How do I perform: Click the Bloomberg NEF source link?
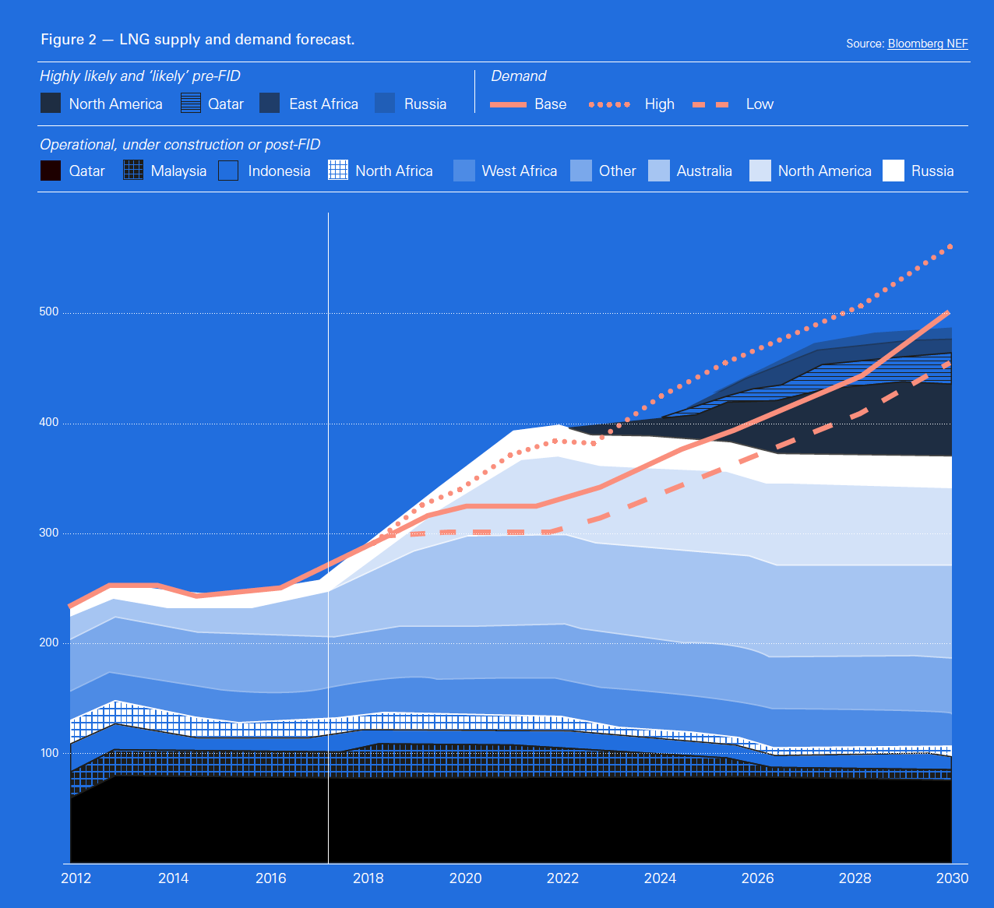(927, 44)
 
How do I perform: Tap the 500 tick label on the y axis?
(48, 311)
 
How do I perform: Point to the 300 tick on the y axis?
(48, 533)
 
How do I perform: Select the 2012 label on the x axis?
(76, 878)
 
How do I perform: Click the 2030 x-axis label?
(952, 878)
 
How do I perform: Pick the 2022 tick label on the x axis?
(562, 878)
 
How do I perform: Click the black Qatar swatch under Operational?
(51, 171)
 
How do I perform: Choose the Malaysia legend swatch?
(133, 171)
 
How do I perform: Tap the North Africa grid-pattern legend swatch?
(338, 171)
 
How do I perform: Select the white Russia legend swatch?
(894, 171)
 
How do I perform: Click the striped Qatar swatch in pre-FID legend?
(191, 104)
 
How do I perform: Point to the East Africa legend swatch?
(270, 104)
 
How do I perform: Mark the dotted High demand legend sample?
(609, 104)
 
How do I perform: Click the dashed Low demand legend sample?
(710, 104)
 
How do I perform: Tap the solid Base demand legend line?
(508, 104)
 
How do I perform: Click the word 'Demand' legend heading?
(518, 76)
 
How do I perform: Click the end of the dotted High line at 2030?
(950, 247)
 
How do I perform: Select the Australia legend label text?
(704, 171)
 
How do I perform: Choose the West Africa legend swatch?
(464, 171)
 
